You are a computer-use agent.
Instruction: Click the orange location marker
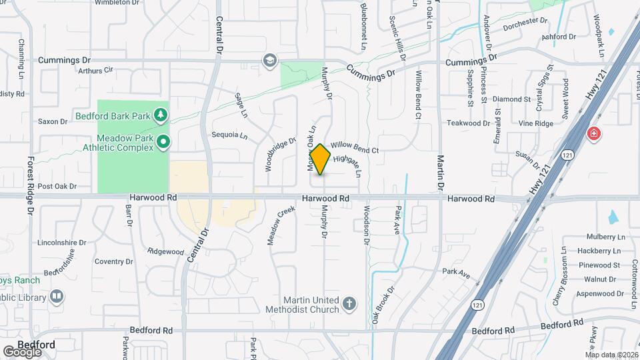[x=321, y=159]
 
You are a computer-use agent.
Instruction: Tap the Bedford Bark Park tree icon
[x=161, y=117]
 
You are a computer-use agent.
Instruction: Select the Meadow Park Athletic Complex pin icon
[x=163, y=141]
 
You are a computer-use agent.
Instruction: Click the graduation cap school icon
[x=269, y=61]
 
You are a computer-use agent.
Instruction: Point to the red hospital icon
[x=592, y=134]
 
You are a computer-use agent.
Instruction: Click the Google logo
[x=22, y=352]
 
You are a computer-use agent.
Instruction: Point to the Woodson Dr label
[x=366, y=225]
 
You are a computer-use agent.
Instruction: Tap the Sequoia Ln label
[x=229, y=135]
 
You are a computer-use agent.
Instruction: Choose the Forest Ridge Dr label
[x=31, y=186]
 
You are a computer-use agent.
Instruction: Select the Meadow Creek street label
[x=281, y=225]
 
